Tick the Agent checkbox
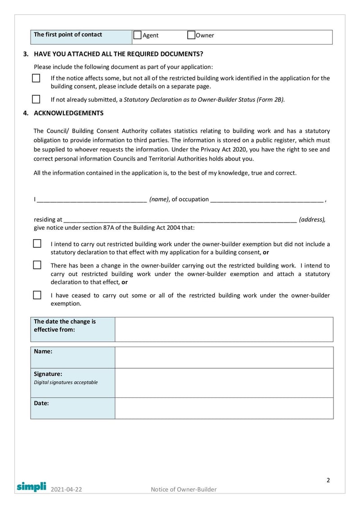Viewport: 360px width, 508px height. pyautogui.click(x=138, y=35)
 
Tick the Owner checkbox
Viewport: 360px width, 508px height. pyautogui.click(x=191, y=35)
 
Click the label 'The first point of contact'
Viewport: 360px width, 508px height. pyautogui.click(x=68, y=35)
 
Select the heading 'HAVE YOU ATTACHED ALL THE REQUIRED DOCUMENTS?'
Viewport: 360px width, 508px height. pyautogui.click(x=118, y=54)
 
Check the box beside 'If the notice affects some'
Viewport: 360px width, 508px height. pyautogui.click(x=36, y=78)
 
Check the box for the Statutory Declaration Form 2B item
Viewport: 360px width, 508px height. pyautogui.click(x=36, y=99)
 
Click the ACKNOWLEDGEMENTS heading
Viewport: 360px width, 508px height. pyautogui.click(x=68, y=113)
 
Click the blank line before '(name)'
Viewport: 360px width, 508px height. pyautogui.click(x=92, y=200)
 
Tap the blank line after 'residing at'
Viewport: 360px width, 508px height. pyautogui.click(x=180, y=220)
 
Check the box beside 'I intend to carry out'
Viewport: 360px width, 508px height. pyautogui.click(x=37, y=244)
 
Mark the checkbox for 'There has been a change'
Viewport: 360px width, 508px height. pyautogui.click(x=37, y=265)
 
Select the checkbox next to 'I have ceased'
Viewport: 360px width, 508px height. pyautogui.click(x=37, y=295)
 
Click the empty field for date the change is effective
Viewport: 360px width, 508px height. pyautogui.click(x=224, y=329)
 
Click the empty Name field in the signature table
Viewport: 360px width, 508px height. pyautogui.click(x=224, y=357)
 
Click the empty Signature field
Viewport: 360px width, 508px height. pyautogui.click(x=224, y=383)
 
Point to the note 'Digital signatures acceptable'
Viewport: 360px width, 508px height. pyautogui.click(x=66, y=383)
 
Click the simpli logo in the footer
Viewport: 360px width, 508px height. pyautogui.click(x=31, y=486)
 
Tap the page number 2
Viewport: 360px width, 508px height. pyautogui.click(x=328, y=480)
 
